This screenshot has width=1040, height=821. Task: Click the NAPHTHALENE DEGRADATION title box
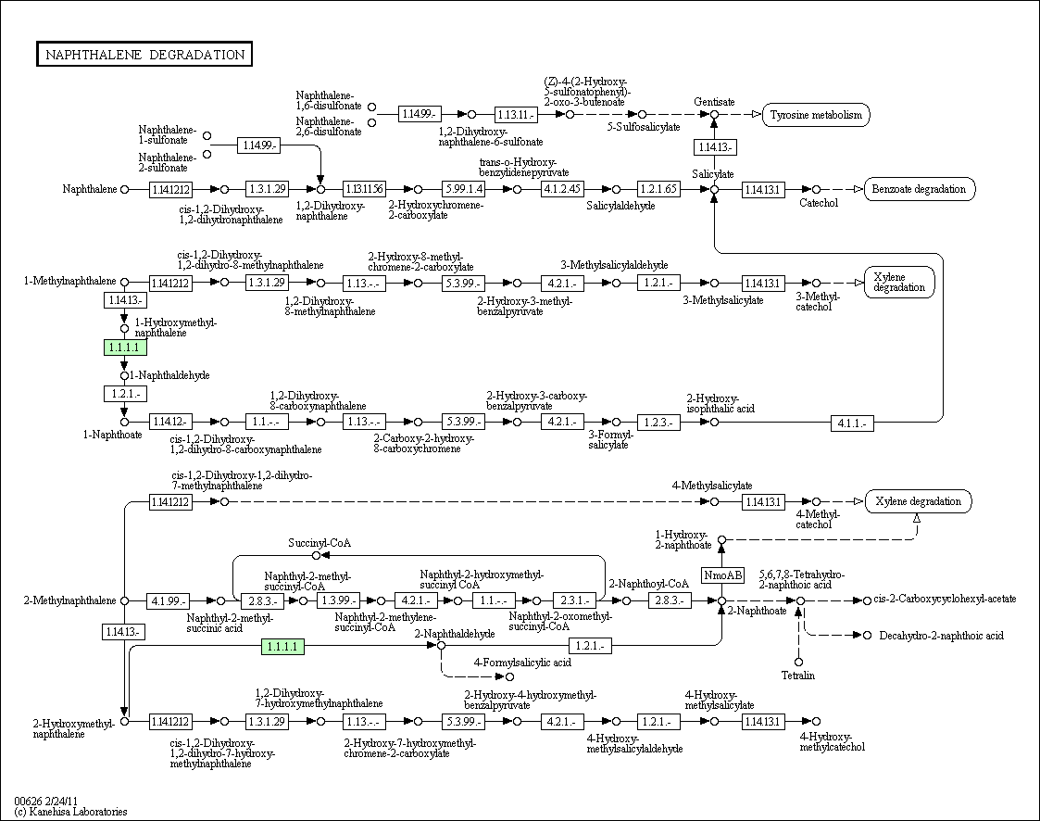pos(144,55)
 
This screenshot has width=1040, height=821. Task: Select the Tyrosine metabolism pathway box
pos(816,115)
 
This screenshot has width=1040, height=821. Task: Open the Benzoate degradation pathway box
pos(919,189)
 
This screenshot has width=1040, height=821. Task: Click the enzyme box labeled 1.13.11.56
pos(364,189)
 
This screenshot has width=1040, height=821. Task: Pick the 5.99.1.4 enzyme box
pos(463,189)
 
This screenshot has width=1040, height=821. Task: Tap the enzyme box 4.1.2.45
pos(562,189)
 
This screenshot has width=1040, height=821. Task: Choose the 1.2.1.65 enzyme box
pos(658,189)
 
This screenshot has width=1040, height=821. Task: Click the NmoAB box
pos(722,575)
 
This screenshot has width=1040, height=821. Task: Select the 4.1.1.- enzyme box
pos(851,423)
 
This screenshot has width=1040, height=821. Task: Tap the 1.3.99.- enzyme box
pos(337,600)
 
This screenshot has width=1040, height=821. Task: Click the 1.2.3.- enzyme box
pos(658,423)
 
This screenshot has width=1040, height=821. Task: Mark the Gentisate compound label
pos(714,101)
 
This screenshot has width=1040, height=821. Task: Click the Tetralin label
pos(797,676)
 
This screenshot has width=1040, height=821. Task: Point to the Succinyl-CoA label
pos(320,542)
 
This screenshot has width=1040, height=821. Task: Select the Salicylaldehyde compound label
pos(620,206)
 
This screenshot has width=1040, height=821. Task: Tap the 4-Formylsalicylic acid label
pos(522,663)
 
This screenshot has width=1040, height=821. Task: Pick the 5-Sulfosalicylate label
pos(644,127)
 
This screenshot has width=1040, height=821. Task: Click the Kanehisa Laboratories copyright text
pos(70,812)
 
